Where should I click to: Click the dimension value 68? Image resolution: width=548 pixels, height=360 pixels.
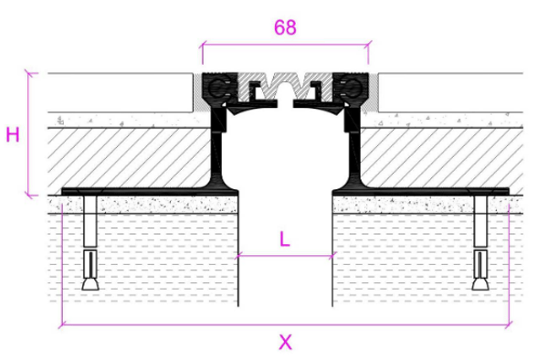(285, 27)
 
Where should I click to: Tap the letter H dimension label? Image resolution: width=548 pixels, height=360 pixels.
(13, 135)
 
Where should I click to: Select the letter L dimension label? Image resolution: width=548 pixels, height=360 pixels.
(285, 239)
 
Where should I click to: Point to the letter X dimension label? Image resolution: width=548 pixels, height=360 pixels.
(285, 342)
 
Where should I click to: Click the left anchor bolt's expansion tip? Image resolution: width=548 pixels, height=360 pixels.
(90, 284)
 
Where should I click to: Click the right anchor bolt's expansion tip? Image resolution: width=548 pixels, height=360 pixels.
(480, 284)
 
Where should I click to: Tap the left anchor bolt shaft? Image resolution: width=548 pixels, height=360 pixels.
(90, 220)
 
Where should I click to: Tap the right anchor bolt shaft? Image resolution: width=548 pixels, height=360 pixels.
(480, 220)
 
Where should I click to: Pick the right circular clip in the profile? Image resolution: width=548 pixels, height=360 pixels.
(353, 88)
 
